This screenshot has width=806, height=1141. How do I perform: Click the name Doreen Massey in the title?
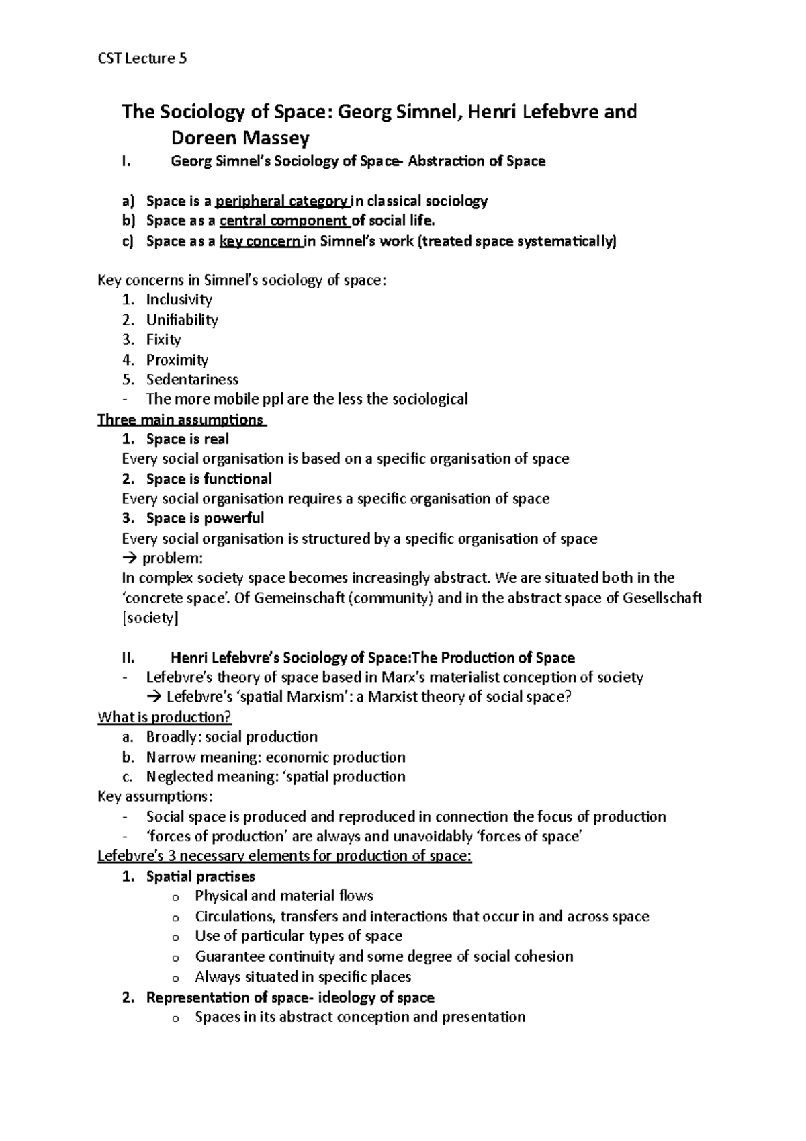coord(240,138)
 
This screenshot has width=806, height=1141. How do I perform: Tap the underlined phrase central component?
coord(284,221)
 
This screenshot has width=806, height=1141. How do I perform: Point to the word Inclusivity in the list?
coord(179,300)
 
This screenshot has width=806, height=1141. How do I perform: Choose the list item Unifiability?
coord(181,320)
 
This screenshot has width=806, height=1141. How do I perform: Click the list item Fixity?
coord(163,339)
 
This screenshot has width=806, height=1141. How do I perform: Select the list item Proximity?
coord(177,360)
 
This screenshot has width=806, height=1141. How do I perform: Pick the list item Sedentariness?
coord(192,379)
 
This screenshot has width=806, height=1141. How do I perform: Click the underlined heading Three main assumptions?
coord(181,419)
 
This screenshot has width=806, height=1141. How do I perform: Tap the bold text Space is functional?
coord(209,479)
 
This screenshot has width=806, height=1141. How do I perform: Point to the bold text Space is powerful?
coord(205,518)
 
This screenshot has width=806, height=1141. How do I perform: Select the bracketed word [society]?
coord(150,618)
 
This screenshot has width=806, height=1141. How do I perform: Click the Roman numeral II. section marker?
coord(128,657)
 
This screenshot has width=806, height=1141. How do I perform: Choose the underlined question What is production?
coord(165,717)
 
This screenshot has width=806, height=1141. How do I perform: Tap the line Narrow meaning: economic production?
coord(275,757)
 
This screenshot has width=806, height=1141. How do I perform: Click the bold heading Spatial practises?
coord(200,876)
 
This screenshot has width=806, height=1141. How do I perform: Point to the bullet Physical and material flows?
coord(283,896)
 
